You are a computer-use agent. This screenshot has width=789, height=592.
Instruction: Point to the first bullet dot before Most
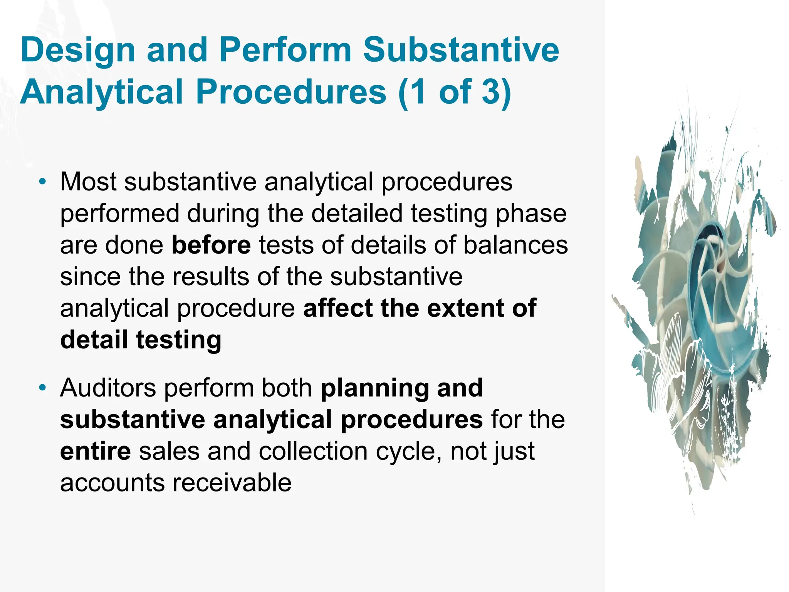[x=42, y=181]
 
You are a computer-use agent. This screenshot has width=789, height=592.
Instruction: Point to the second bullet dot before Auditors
[x=42, y=387]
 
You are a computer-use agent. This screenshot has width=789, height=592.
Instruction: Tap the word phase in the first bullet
[x=530, y=214]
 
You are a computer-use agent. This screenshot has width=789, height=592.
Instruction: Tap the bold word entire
[x=95, y=451]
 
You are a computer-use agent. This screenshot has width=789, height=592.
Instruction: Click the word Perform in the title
[x=285, y=50]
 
